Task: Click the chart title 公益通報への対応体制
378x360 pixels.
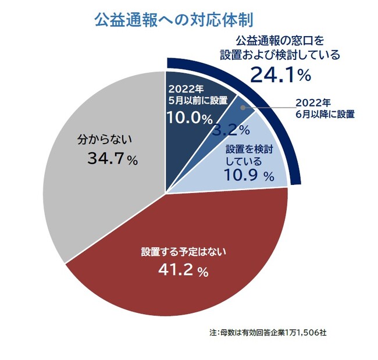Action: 173,20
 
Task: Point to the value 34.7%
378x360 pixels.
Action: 113,159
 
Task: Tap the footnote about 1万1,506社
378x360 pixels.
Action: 269,333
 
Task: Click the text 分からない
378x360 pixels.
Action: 105,140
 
